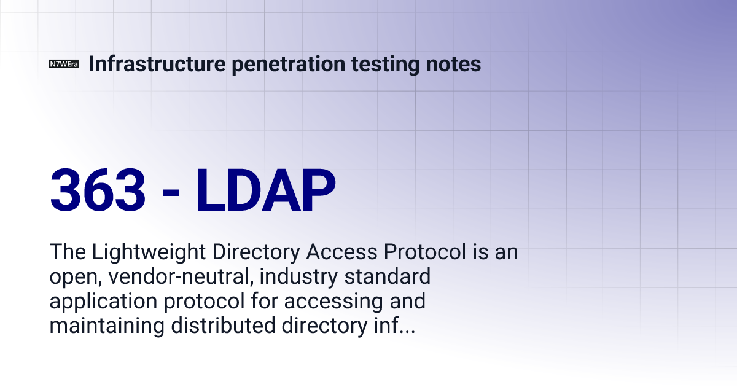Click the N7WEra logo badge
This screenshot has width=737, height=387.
point(64,64)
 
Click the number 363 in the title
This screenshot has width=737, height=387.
point(98,189)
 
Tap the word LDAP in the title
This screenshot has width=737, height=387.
point(266,189)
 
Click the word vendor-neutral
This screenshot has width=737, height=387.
point(181,277)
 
